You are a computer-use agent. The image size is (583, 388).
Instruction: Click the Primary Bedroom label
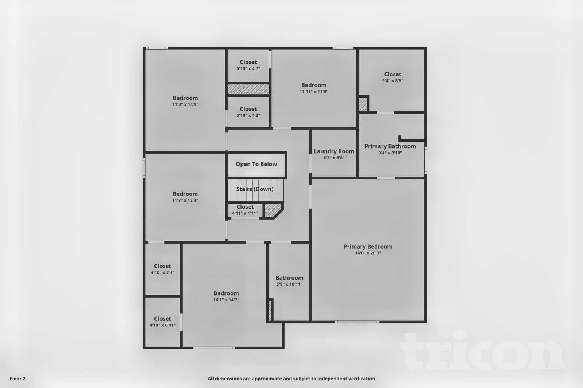[x=368, y=246]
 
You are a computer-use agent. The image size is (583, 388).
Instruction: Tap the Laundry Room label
[x=334, y=151]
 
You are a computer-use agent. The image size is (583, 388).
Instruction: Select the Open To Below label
[x=256, y=164]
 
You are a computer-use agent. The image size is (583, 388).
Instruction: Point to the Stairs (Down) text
[x=255, y=189]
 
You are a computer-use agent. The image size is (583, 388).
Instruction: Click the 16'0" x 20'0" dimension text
[x=368, y=253]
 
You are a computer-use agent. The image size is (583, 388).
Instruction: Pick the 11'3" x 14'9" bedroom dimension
[x=185, y=104]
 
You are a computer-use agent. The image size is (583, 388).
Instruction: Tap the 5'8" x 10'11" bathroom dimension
[x=289, y=284]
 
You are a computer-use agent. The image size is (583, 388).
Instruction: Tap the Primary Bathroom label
[x=390, y=146]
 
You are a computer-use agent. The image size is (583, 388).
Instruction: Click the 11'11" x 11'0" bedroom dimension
[x=314, y=92]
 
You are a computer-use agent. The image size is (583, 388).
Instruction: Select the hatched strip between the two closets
[x=248, y=90]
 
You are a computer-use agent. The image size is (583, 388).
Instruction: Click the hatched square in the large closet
[x=363, y=104]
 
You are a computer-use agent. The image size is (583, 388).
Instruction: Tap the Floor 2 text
[x=17, y=379]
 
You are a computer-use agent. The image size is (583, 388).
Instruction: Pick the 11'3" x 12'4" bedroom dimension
[x=185, y=201]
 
